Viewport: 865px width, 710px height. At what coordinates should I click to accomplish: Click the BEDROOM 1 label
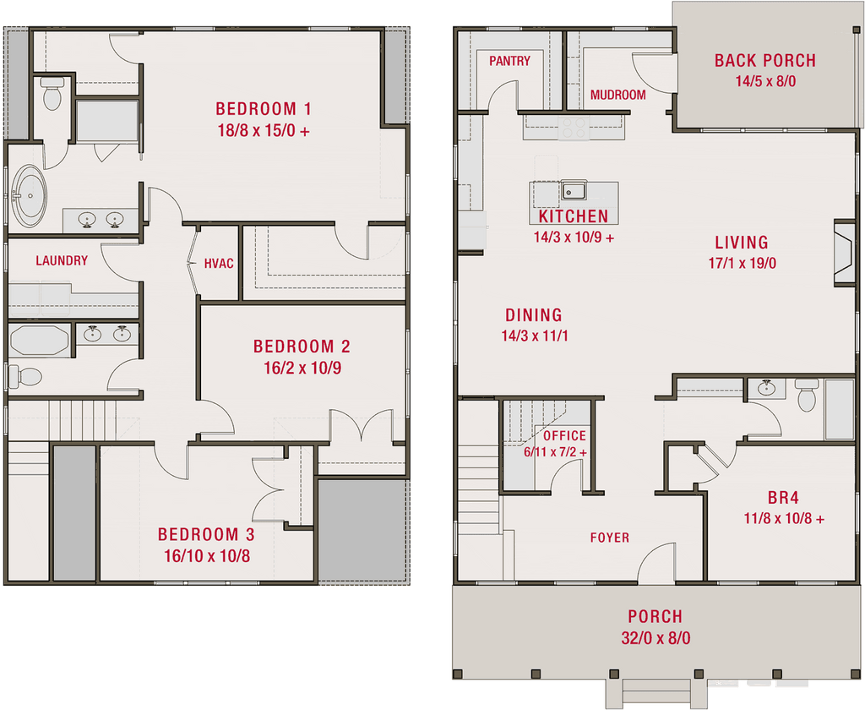pyautogui.click(x=264, y=109)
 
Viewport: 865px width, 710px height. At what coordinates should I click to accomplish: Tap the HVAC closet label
pyautogui.click(x=219, y=264)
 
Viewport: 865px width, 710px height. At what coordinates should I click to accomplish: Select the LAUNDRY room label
pyautogui.click(x=62, y=260)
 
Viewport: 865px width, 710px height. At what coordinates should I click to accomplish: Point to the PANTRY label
pyautogui.click(x=509, y=61)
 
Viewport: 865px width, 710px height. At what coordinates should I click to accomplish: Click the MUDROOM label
pyautogui.click(x=617, y=95)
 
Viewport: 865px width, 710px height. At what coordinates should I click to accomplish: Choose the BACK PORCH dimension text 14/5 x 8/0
pyautogui.click(x=765, y=81)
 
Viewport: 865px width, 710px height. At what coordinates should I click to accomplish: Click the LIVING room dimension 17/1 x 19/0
pyautogui.click(x=743, y=264)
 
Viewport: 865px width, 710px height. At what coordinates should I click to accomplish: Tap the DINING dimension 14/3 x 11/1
pyautogui.click(x=535, y=336)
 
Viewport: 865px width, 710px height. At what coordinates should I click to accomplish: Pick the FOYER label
pyautogui.click(x=610, y=538)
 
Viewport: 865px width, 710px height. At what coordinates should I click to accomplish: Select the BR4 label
pyautogui.click(x=783, y=498)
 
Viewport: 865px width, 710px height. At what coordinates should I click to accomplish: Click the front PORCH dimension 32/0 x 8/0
pyautogui.click(x=656, y=638)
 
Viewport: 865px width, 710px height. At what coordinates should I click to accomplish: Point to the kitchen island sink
pyautogui.click(x=574, y=190)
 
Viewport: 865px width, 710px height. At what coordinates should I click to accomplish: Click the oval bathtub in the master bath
pyautogui.click(x=28, y=195)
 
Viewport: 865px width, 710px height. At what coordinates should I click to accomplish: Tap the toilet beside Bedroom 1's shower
pyautogui.click(x=52, y=93)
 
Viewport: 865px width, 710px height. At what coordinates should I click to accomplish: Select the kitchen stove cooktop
pyautogui.click(x=574, y=128)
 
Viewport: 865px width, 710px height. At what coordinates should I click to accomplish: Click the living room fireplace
pyautogui.click(x=844, y=254)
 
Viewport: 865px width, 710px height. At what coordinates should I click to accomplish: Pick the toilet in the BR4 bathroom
pyautogui.click(x=807, y=395)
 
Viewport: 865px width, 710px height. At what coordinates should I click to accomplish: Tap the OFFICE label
pyautogui.click(x=565, y=436)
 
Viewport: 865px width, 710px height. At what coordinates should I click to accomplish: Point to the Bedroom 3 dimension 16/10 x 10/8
pyautogui.click(x=207, y=556)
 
